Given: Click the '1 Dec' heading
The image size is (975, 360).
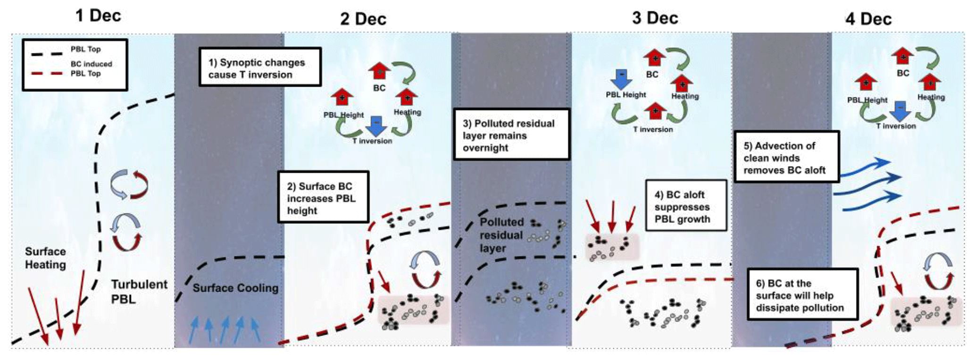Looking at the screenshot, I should (98, 16).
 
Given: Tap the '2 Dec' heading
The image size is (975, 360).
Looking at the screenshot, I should (363, 19).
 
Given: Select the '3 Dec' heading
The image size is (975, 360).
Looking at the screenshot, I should (655, 18).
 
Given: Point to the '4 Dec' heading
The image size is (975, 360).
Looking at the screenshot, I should (868, 19).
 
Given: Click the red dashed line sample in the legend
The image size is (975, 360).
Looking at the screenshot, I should (47, 74).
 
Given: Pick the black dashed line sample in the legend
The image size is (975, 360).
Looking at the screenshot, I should (47, 54).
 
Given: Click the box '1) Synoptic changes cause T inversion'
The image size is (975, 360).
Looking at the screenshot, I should (260, 67).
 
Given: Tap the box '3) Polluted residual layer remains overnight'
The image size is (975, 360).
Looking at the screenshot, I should (511, 135).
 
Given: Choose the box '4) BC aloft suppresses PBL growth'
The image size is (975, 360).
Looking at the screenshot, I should (685, 206).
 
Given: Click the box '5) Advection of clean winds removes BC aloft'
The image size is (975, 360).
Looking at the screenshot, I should (786, 157).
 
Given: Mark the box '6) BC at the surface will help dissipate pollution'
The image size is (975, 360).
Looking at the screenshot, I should (802, 294).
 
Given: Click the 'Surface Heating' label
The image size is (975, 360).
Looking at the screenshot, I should (45, 258).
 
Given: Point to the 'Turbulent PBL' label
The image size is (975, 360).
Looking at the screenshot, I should (139, 291).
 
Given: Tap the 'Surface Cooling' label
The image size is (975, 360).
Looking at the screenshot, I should (235, 288).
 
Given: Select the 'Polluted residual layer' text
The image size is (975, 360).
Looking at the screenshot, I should (501, 234).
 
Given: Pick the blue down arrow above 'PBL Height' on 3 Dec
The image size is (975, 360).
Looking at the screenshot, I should (622, 79).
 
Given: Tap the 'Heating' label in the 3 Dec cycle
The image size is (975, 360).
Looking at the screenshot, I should (685, 96).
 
